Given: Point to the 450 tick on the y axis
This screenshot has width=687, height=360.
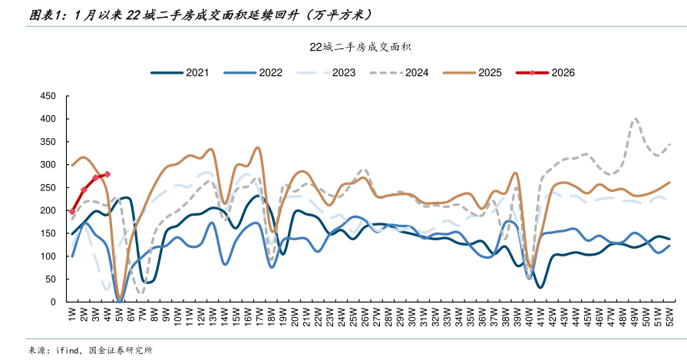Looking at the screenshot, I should pos(47,96).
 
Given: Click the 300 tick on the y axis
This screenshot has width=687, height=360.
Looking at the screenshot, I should pos(47,165).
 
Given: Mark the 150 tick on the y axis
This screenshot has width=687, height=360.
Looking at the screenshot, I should pos(47,233).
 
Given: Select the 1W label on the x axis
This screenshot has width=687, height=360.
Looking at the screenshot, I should pos(72,315).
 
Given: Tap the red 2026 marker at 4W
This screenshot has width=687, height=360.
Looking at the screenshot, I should pos(107,174).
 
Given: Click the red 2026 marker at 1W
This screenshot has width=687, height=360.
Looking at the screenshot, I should pos(72,211).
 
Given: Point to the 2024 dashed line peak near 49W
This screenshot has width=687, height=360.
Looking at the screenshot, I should pos(635,119).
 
